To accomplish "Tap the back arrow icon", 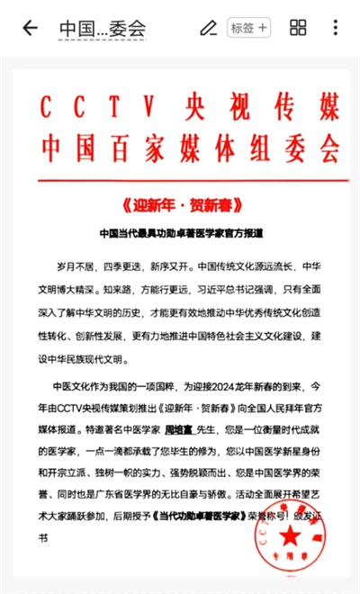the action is point(30,28).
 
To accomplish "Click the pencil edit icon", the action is point(208,28).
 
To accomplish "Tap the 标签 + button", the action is point(249,28).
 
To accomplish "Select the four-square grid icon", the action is point(298,28).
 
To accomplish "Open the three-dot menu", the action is point(336,28).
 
